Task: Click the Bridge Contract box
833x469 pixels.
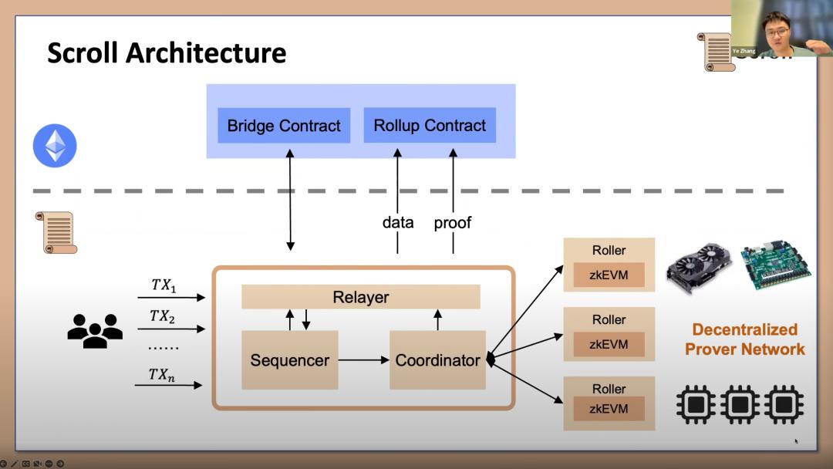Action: click(x=284, y=126)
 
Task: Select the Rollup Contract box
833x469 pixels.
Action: click(x=430, y=126)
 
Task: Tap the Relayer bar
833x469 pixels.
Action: click(x=361, y=297)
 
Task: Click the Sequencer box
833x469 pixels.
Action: click(x=290, y=360)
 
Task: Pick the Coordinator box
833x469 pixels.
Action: click(x=437, y=360)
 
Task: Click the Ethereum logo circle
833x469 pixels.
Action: click(x=55, y=146)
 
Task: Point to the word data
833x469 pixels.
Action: click(x=398, y=223)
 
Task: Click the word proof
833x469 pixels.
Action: click(x=453, y=223)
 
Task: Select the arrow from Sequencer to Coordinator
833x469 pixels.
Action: click(x=364, y=360)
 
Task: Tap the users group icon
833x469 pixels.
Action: click(x=95, y=330)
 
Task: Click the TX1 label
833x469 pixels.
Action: click(x=164, y=285)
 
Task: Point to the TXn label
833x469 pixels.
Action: click(x=162, y=375)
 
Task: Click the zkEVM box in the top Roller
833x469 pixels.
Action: click(x=609, y=275)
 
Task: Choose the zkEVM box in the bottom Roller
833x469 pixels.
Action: click(x=609, y=409)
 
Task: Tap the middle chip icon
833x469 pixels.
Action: click(x=740, y=405)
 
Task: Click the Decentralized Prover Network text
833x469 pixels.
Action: click(x=744, y=339)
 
